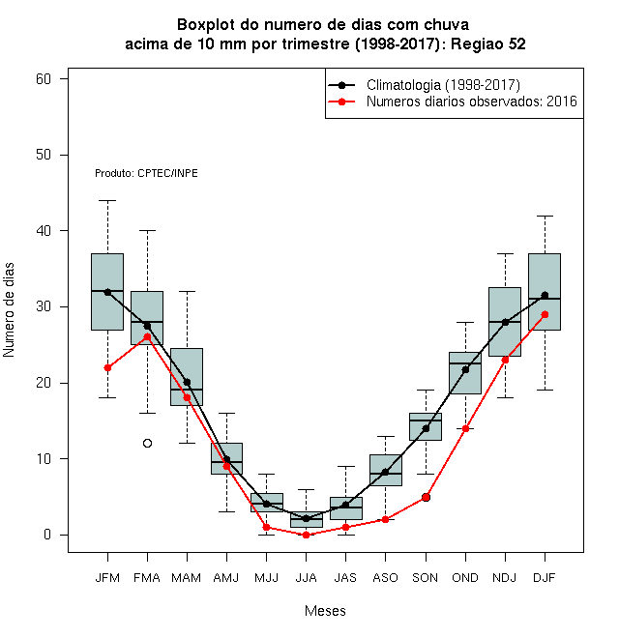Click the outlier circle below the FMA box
tap(147, 443)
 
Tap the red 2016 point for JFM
tap(107, 368)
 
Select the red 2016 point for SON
tap(426, 497)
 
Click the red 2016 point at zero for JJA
tap(307, 536)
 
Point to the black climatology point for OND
tap(465, 369)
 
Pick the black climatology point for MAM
tap(187, 382)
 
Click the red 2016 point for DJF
tap(545, 314)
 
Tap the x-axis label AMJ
tap(226, 578)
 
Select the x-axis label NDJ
tap(505, 578)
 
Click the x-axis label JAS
tap(345, 578)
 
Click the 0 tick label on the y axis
tap(47, 535)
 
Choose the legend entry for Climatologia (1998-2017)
tap(425, 85)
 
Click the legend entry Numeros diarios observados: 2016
tap(453, 101)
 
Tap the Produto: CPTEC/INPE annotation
tap(146, 173)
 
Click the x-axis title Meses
tap(325, 611)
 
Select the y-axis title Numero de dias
tap(9, 310)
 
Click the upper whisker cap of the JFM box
tap(107, 201)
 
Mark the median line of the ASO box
tap(386, 474)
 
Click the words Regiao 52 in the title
tap(488, 43)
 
